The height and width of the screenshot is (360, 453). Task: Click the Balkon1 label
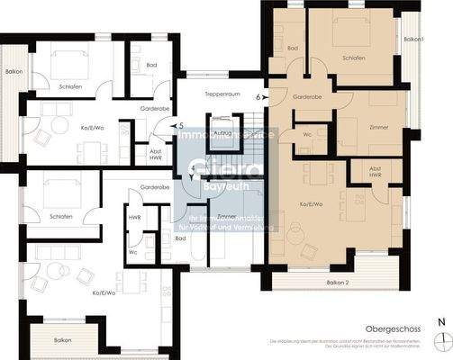point(413,40)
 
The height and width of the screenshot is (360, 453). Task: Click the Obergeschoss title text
point(390,330)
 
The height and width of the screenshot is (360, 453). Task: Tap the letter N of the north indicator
point(440,321)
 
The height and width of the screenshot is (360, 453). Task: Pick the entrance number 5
point(181,126)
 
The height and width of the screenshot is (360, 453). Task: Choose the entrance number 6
point(258,94)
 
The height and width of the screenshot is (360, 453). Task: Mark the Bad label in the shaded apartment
point(292,48)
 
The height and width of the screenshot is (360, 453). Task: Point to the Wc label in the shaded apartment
point(307,135)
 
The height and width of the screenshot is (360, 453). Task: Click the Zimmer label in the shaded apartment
point(379,128)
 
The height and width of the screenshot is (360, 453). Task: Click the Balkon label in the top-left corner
point(13,71)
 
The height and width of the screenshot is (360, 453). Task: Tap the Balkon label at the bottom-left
point(62,339)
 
